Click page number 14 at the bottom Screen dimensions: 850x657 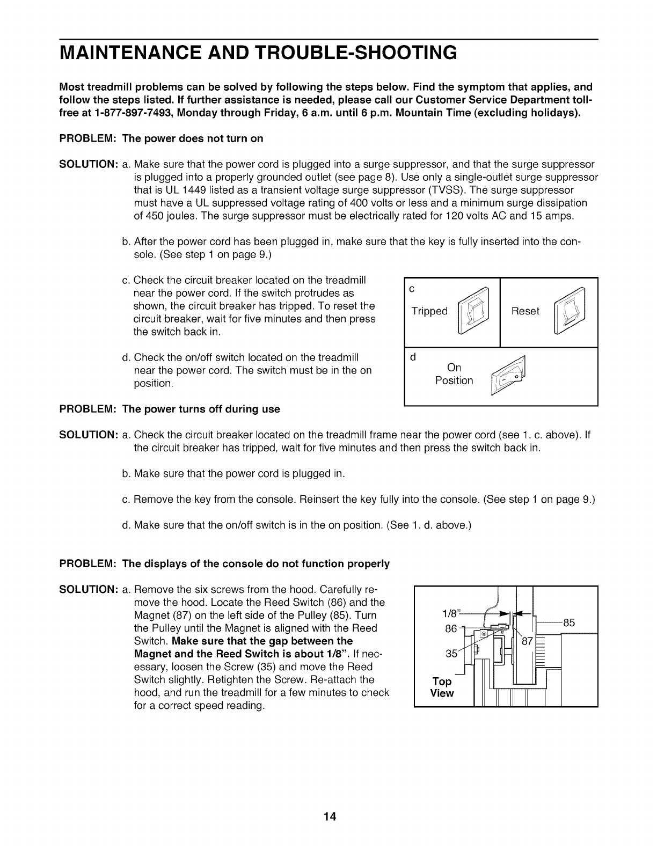click(329, 817)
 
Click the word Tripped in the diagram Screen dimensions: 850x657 click(429, 311)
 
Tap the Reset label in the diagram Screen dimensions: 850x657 click(525, 311)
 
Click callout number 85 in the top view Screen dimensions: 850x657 click(569, 623)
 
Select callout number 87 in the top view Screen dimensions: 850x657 click(528, 640)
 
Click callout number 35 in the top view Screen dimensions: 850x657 click(451, 654)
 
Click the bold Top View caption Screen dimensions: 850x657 click(442, 687)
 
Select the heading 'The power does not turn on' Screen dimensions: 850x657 click(193, 138)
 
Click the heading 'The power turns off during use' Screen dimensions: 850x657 click(201, 409)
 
